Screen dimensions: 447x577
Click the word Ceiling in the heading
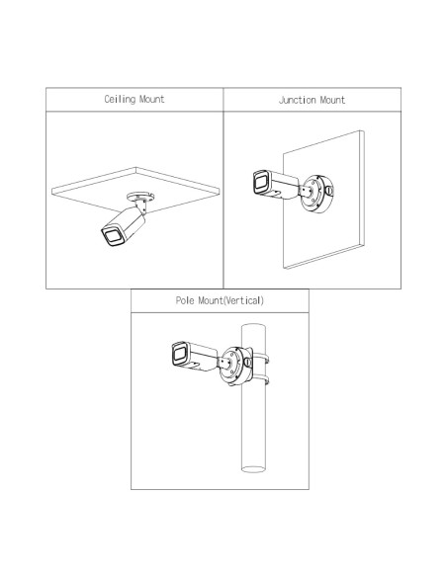[x=120, y=100]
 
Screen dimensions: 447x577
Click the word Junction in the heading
[x=297, y=100]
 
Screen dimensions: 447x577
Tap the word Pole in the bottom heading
[x=185, y=300]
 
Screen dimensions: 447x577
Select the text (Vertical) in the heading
[x=243, y=300]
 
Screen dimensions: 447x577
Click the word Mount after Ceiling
[x=151, y=100]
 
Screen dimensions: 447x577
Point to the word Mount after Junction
[x=332, y=100]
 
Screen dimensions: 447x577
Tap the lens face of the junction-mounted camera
[x=261, y=183]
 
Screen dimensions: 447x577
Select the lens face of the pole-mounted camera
[x=180, y=354]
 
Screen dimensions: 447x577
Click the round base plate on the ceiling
[x=140, y=197]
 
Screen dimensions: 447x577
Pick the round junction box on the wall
[x=316, y=195]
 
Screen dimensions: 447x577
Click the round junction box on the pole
[x=236, y=367]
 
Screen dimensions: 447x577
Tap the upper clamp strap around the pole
[x=261, y=359]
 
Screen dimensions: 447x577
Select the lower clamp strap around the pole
[x=261, y=379]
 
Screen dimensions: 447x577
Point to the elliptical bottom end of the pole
[x=253, y=469]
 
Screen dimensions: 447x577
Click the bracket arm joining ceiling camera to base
[x=141, y=206]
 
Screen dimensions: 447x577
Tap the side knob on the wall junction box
[x=329, y=191]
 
